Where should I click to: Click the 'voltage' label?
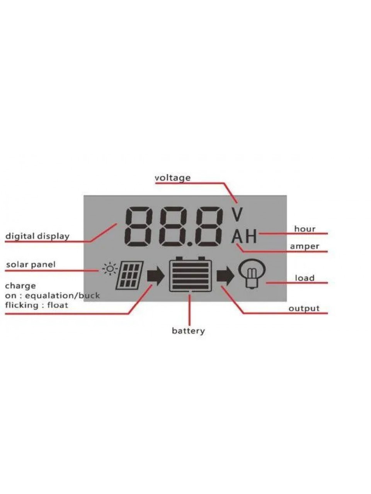click(x=172, y=178)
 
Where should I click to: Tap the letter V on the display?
click(x=237, y=214)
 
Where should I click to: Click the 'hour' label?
click(x=305, y=229)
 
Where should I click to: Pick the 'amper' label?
click(x=304, y=247)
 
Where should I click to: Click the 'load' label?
click(x=305, y=278)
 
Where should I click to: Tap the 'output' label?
click(x=304, y=308)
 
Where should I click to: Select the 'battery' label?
click(x=188, y=331)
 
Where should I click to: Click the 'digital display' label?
click(x=37, y=236)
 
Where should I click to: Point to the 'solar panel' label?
click(x=31, y=264)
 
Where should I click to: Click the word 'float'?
click(x=58, y=305)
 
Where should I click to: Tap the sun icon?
click(x=110, y=269)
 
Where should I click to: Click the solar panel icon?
click(x=129, y=275)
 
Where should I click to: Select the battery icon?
click(x=191, y=274)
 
